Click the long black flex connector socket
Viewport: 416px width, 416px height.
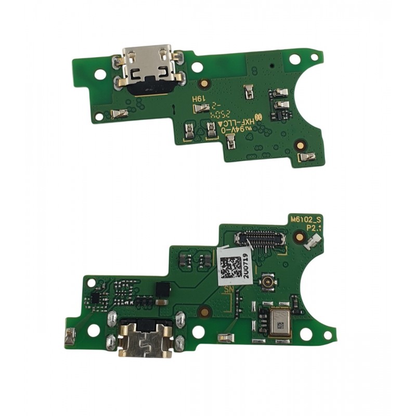point(262,239)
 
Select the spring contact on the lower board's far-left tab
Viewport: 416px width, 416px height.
point(70,339)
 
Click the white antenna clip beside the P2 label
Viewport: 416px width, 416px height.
point(315,240)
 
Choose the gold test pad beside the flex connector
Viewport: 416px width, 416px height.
point(300,237)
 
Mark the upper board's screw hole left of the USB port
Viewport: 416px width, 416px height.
point(100,74)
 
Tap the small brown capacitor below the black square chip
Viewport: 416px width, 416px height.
point(162,302)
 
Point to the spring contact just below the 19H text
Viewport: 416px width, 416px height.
point(201,108)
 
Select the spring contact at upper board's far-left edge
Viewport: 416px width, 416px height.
point(119,114)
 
